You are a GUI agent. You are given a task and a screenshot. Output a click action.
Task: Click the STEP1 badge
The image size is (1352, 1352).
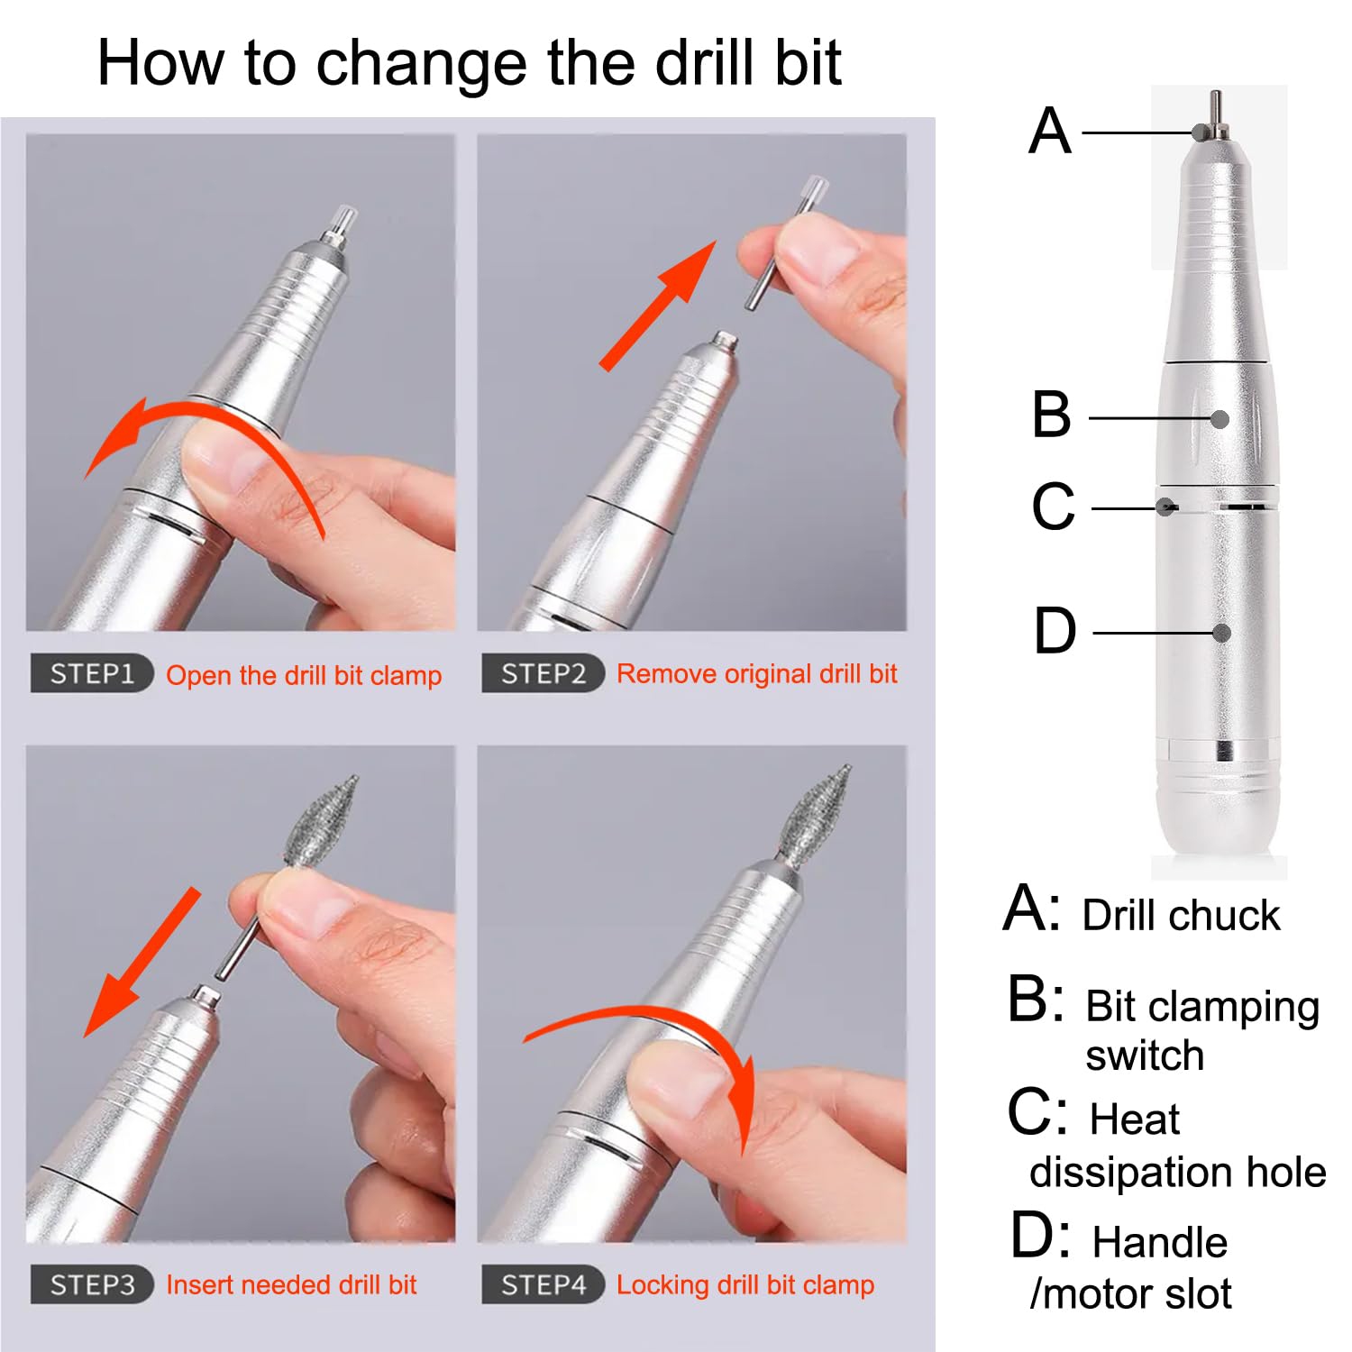point(91,673)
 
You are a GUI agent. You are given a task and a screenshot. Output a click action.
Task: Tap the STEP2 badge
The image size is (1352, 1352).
point(542,673)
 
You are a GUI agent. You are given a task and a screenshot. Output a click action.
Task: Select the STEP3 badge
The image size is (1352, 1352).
point(91,1284)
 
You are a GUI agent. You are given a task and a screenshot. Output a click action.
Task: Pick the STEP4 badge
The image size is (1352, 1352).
point(542,1284)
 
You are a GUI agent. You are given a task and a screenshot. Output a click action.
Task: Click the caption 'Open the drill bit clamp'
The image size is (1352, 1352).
point(304,675)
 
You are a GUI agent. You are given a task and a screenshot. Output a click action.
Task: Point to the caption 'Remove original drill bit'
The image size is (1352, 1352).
point(756,673)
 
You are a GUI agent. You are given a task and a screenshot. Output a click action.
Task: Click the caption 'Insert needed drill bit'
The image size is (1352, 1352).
point(291,1284)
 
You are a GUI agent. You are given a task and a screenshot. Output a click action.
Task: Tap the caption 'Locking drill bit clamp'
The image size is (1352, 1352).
point(745,1284)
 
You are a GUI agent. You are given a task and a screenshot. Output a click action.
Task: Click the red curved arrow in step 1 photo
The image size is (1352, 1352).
point(203,424)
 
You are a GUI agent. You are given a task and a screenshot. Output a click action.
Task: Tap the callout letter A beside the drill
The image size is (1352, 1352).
point(1050,132)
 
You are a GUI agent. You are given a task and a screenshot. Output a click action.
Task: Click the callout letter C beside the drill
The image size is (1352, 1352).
point(1053,507)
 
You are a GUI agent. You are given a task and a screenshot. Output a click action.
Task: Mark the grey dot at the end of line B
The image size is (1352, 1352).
point(1220,419)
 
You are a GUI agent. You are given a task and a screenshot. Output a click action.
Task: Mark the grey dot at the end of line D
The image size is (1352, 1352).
point(1221,633)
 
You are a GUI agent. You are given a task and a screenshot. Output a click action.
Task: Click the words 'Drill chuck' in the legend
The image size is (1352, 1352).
point(1180,915)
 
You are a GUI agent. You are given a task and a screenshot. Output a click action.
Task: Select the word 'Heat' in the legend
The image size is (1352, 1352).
point(1134,1119)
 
